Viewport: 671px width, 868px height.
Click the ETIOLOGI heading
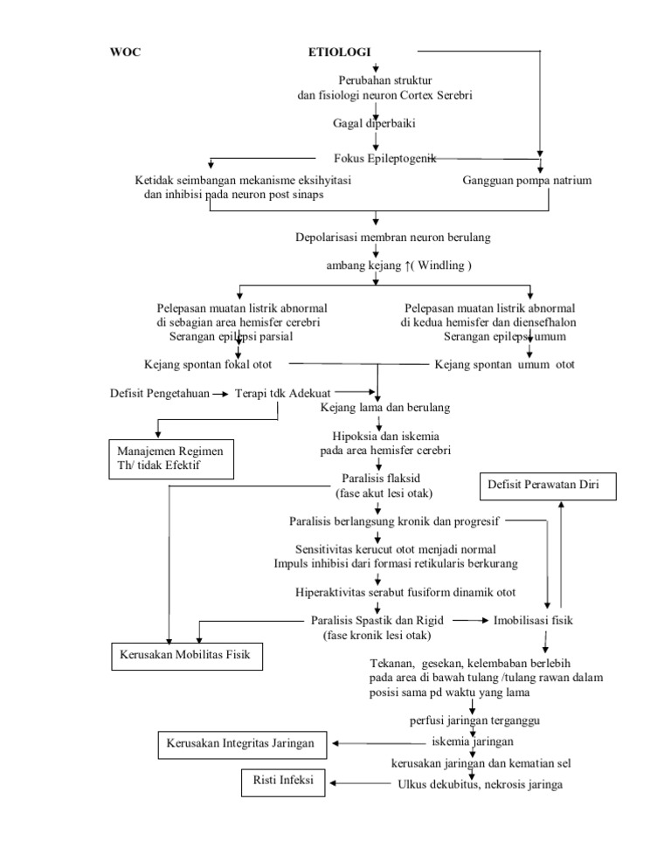click(339, 52)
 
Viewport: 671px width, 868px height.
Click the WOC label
click(125, 52)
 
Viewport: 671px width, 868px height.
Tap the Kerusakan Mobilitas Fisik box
click(185, 655)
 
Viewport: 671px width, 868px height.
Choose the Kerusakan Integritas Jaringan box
click(242, 743)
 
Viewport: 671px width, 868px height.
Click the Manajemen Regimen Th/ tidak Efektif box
click(170, 458)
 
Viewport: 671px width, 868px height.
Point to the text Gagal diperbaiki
click(375, 124)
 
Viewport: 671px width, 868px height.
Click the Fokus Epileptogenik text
click(384, 158)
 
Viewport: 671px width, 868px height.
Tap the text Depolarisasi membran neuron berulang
click(393, 237)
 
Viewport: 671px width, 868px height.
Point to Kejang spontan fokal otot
click(213, 364)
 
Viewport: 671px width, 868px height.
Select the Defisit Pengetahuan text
click(159, 393)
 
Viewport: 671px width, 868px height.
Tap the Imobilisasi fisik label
click(535, 620)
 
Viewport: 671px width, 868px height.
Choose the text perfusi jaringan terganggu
click(474, 720)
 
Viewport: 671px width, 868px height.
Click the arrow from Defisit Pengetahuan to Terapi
click(223, 394)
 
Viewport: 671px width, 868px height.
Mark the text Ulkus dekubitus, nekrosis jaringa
click(480, 784)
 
